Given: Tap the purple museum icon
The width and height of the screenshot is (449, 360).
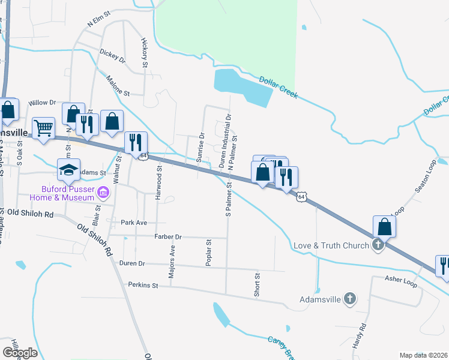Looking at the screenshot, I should coord(103,193).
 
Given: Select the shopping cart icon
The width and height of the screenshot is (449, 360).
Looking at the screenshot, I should coord(43,128).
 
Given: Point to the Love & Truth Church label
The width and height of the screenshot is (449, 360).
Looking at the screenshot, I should coord(330,245).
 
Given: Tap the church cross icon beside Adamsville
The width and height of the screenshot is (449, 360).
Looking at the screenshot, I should coord(351,298).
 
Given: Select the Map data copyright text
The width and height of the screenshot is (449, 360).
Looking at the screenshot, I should coord(423,355).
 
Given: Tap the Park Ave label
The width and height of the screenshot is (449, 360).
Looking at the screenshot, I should coord(133,223).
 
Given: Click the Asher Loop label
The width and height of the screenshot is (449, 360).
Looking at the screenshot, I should coord(402,280).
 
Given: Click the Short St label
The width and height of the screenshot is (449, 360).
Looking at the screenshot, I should coord(256,284).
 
